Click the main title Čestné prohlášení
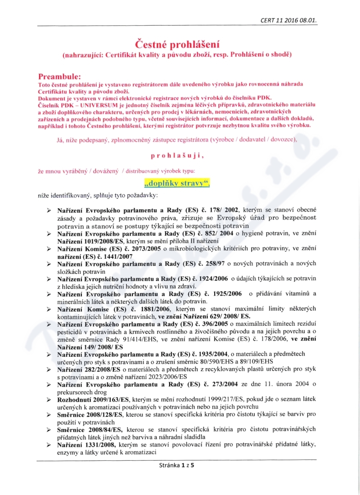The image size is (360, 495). coord(177,44)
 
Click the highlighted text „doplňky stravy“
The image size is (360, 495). coord(177,183)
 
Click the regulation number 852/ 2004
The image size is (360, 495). coord(223,233)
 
